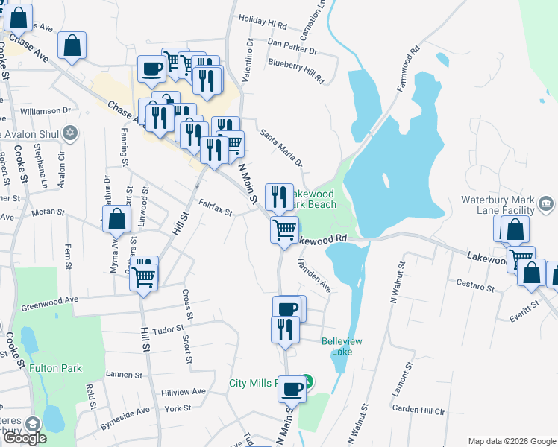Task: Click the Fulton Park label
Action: tap(55, 368)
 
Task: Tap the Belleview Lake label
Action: tap(342, 346)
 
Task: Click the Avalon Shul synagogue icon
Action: tap(70, 133)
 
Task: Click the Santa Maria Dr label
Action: tap(281, 148)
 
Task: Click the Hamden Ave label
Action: tap(314, 275)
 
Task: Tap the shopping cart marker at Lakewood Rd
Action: tap(284, 230)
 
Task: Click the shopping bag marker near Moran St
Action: tap(116, 221)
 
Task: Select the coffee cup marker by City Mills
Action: tap(291, 388)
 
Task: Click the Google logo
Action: tap(25, 438)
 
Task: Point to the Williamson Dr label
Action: tap(46, 110)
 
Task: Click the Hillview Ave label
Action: tap(184, 392)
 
